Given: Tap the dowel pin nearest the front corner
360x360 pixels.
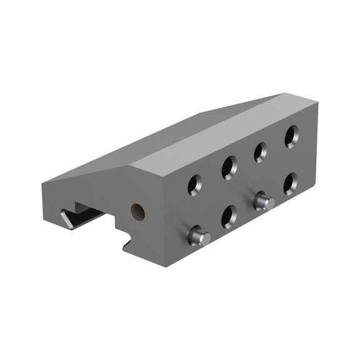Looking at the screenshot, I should [199, 236].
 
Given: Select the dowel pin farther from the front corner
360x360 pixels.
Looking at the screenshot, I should [262, 201].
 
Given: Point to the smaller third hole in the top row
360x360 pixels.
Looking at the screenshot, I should [261, 152].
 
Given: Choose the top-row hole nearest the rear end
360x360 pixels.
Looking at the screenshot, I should [292, 136].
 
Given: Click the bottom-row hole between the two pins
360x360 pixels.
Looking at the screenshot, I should [229, 216].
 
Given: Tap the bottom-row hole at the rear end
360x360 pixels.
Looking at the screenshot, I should [291, 183].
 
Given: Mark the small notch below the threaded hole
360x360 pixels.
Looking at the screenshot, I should [129, 241].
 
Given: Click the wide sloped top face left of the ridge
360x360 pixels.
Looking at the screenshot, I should [144, 137].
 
